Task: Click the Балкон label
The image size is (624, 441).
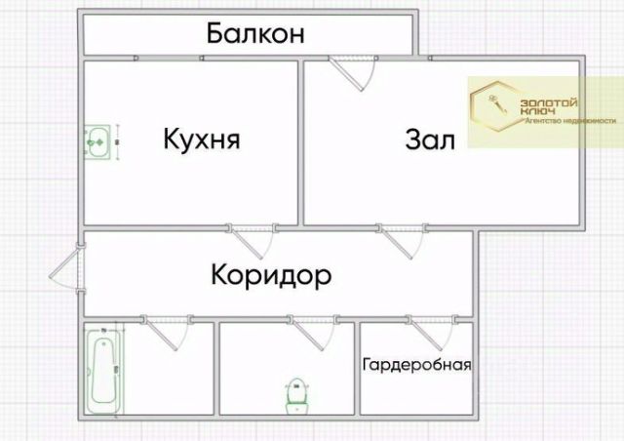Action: [256, 34]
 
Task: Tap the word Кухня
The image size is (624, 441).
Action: [202, 140]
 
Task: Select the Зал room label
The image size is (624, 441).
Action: [430, 140]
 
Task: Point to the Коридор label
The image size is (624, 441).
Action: [271, 275]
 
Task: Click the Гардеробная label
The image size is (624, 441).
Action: [416, 366]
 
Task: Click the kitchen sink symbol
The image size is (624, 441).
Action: [97, 141]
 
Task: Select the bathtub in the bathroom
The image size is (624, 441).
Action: [101, 371]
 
